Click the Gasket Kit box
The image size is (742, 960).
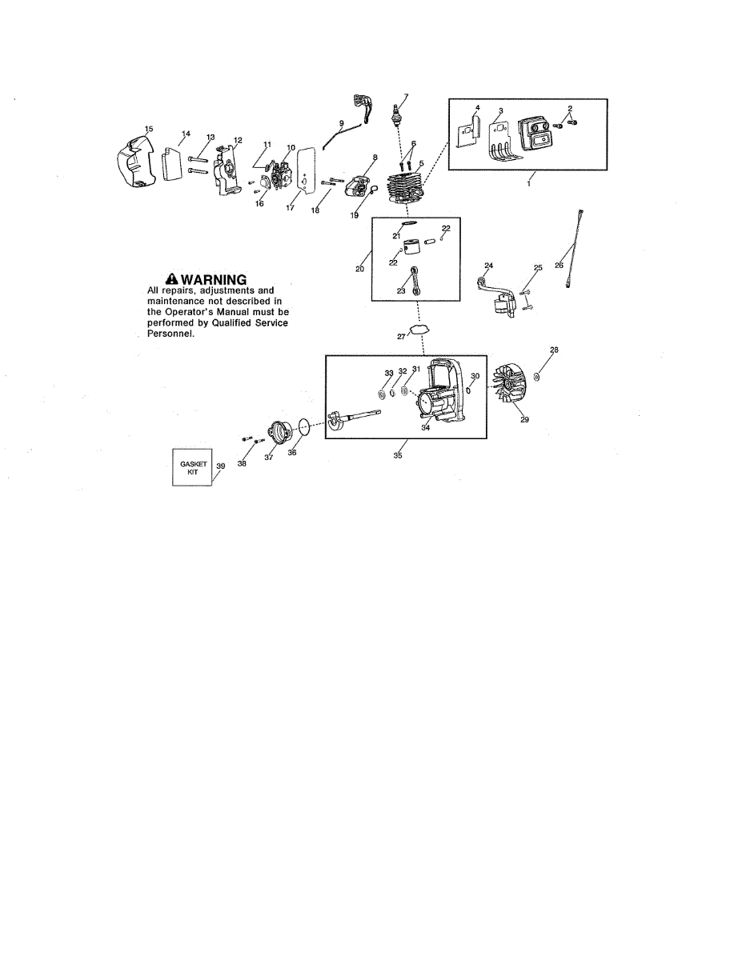click(x=193, y=466)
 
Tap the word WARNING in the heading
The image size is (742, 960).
click(x=214, y=279)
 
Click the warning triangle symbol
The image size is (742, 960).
click(x=170, y=278)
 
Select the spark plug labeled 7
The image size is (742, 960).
click(x=395, y=116)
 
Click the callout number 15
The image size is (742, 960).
click(x=147, y=128)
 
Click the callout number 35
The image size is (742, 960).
click(x=398, y=457)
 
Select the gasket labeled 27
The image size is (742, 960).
click(x=419, y=330)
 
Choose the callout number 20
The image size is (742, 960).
click(x=360, y=269)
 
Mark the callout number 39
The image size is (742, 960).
click(x=220, y=466)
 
